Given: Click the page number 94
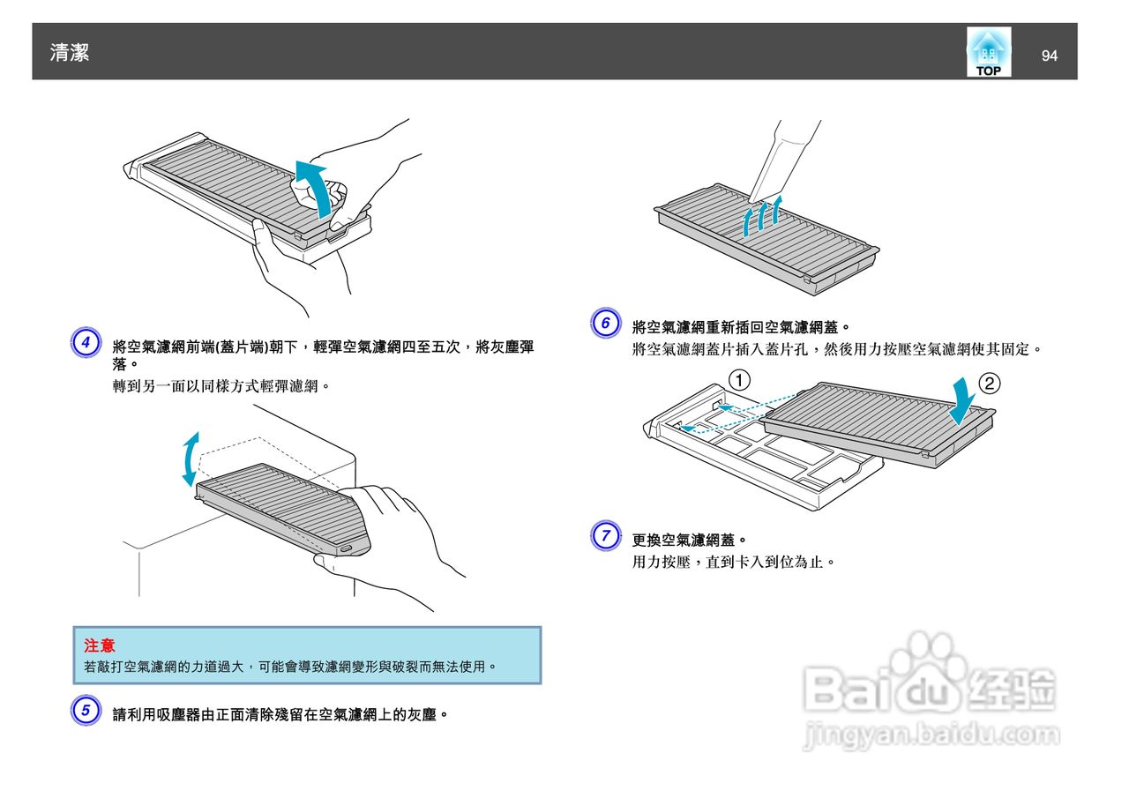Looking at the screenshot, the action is point(1049,56).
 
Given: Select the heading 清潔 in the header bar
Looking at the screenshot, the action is point(70,53).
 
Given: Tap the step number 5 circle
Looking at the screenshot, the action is point(86,711).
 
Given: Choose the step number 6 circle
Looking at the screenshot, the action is point(605,323).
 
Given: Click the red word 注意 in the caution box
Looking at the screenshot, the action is point(99,646).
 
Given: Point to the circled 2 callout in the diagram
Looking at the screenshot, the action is point(991,384).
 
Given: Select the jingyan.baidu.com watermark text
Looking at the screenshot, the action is point(931,734).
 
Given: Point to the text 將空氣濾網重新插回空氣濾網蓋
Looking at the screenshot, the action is point(740,327).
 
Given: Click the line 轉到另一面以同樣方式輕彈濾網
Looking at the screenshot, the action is point(221,386).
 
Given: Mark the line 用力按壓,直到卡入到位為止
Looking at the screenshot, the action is point(732,562).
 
